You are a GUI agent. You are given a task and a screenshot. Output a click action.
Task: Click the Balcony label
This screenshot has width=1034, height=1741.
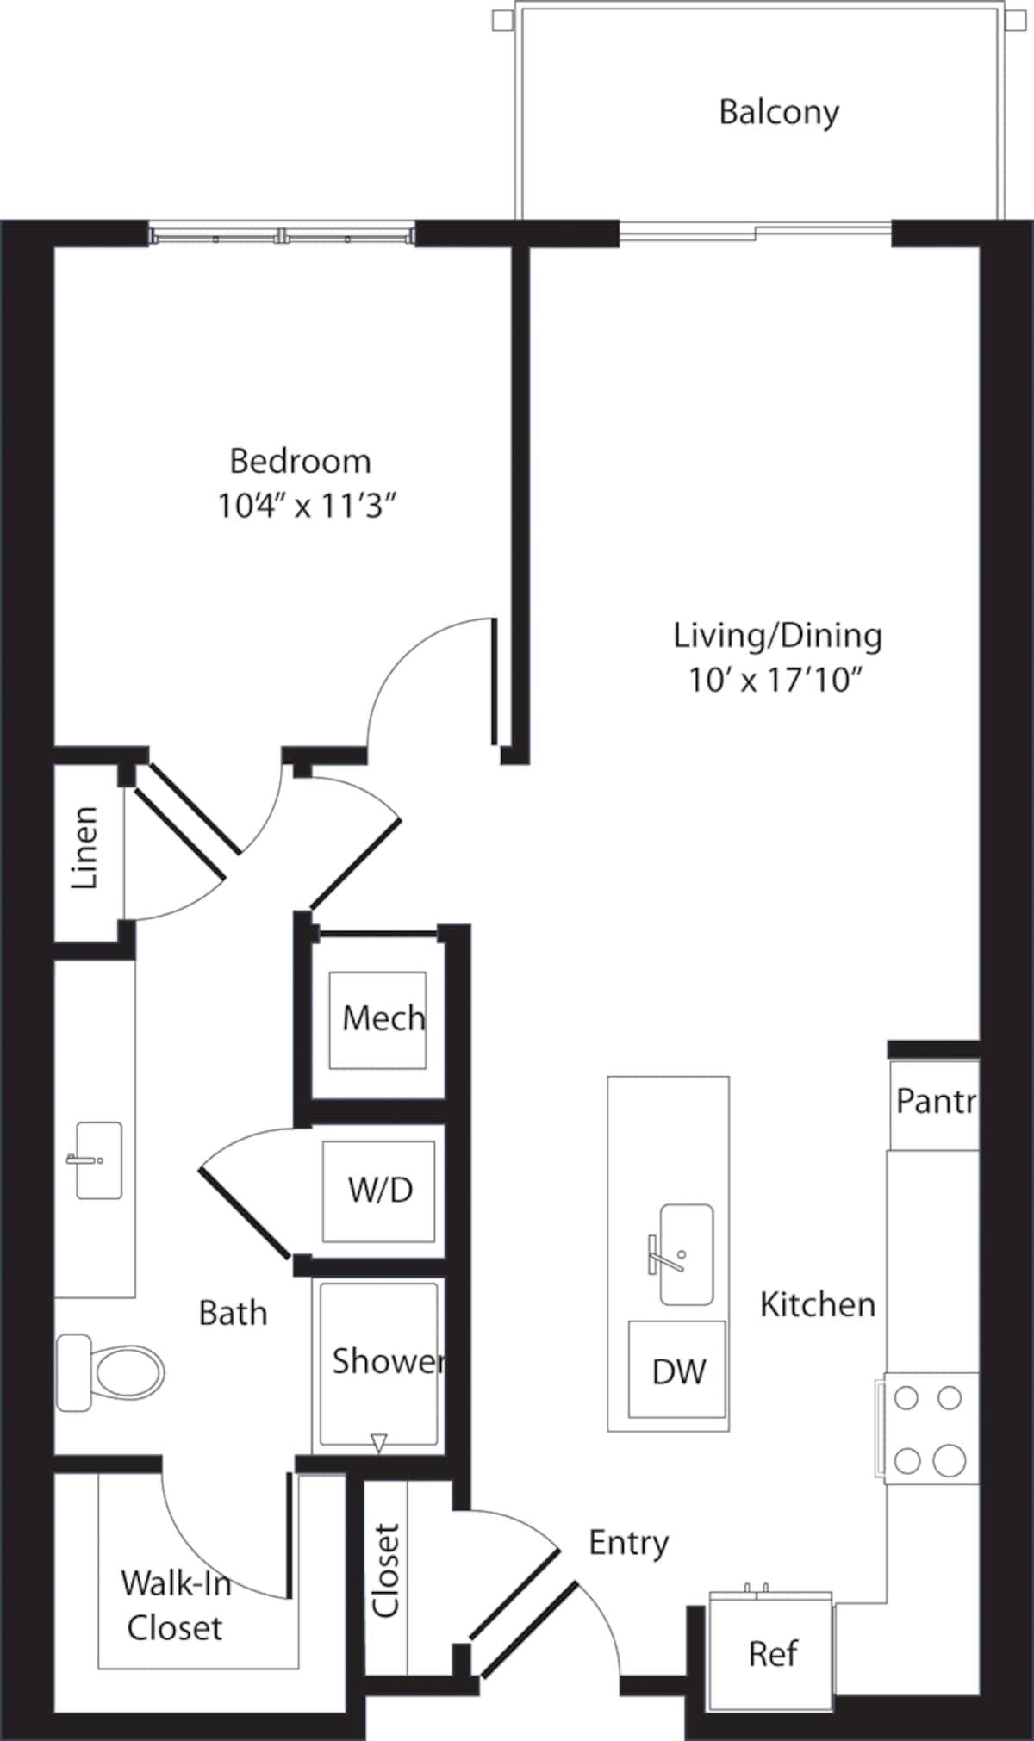pos(778,112)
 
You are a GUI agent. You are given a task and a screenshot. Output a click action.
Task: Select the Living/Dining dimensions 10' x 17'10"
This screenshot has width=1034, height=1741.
pos(775,681)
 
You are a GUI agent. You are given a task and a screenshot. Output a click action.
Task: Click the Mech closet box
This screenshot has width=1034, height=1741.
pos(377,1020)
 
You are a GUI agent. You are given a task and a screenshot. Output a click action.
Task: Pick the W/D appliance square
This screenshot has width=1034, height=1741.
pos(378,1191)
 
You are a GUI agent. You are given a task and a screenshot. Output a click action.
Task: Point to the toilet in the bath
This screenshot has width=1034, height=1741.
pos(112,1372)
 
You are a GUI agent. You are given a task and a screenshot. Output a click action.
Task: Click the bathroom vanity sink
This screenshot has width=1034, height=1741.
pos(98,1160)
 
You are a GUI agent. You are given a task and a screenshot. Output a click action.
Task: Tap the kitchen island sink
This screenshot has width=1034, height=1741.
pos(686,1254)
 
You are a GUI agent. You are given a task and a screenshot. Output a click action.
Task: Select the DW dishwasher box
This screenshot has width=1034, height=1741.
pos(677,1370)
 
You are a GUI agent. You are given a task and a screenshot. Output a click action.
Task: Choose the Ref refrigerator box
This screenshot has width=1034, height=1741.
pos(770,1653)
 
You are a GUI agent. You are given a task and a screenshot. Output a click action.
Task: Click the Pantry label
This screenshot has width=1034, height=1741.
pos(935,1101)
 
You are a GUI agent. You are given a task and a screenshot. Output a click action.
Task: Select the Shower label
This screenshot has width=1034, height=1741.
pos(387,1361)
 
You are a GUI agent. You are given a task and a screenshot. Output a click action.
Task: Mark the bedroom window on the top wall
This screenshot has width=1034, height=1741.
pos(282,235)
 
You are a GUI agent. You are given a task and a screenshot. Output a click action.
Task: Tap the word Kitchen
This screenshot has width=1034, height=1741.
pos(817,1305)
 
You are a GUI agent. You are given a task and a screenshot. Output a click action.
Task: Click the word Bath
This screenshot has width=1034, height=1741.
pos(233,1314)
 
